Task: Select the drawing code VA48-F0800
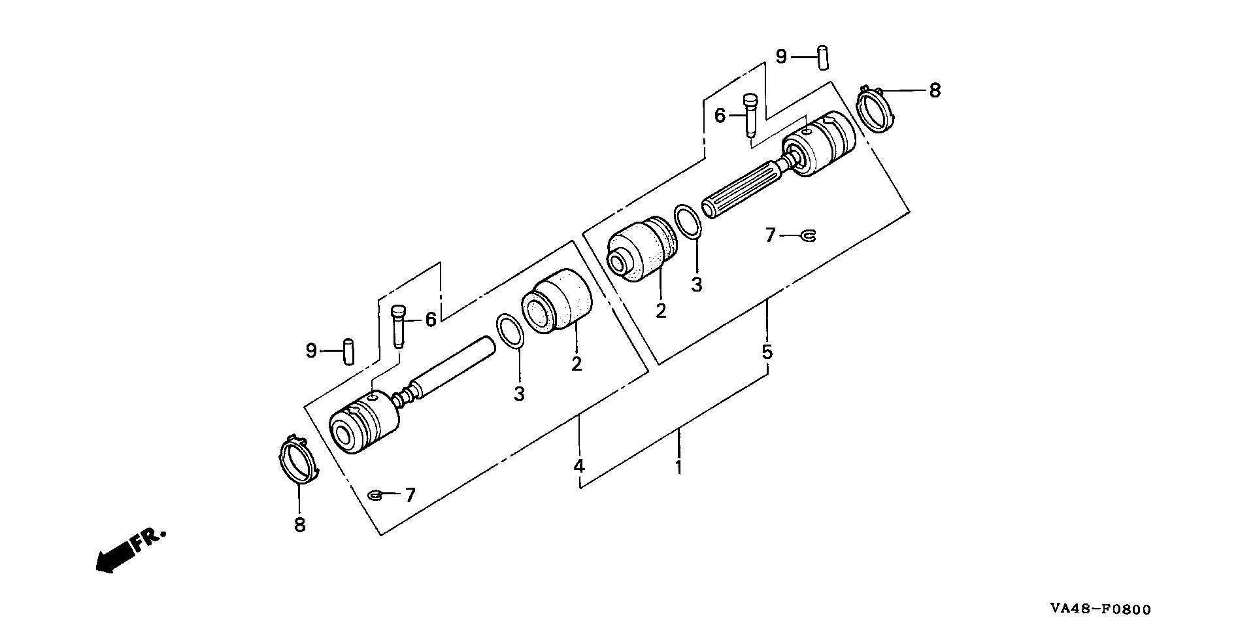1100,609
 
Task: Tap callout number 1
679,467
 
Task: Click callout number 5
767,352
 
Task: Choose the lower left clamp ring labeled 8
297,462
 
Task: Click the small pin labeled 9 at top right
823,56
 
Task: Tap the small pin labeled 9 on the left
348,351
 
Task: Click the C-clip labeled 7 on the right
809,235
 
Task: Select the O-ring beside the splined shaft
688,222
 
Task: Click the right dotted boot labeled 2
641,249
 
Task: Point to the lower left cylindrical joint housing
364,424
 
